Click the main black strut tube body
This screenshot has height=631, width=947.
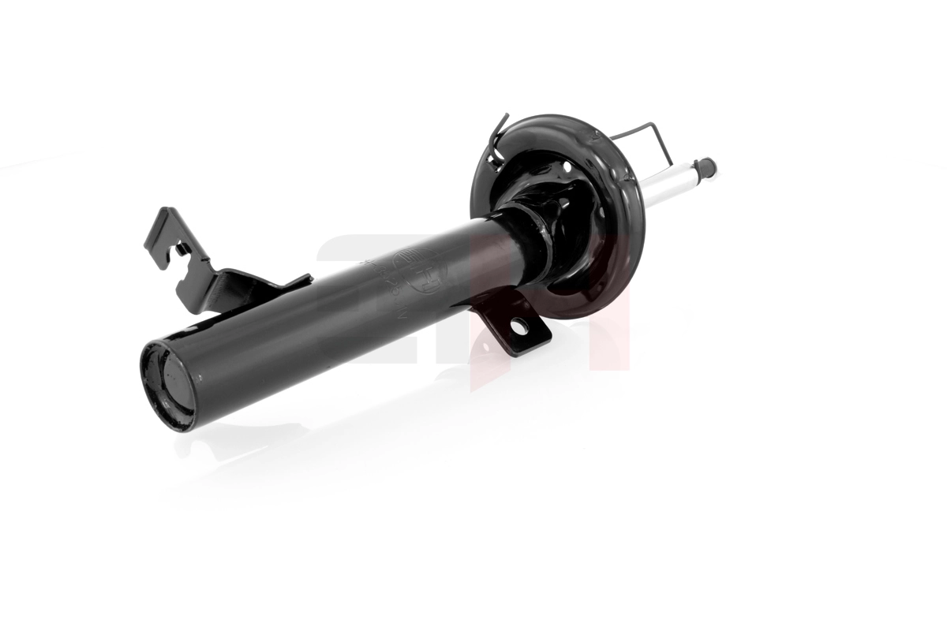(331, 315)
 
